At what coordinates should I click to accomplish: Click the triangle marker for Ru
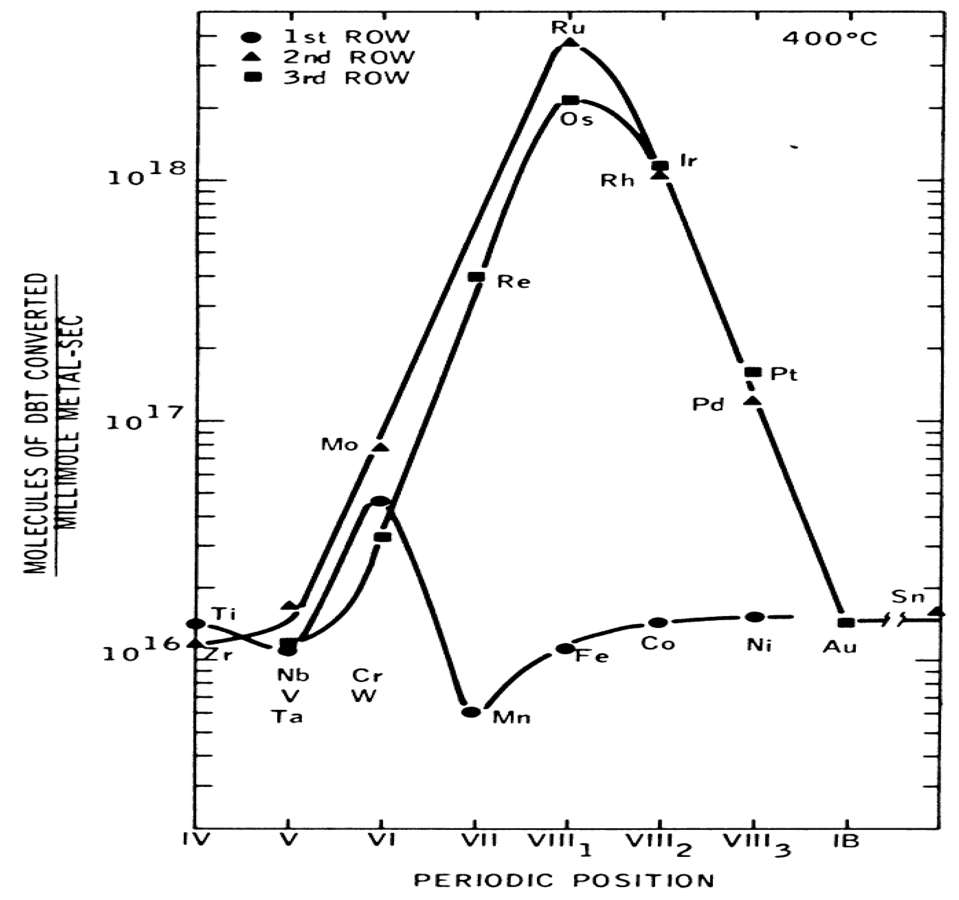(x=571, y=42)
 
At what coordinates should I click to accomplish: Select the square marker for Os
(x=571, y=100)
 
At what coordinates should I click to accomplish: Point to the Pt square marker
(x=753, y=372)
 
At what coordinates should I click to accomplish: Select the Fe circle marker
(x=565, y=648)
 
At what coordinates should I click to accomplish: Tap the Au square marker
(x=847, y=623)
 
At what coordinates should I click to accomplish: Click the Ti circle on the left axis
(x=196, y=624)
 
